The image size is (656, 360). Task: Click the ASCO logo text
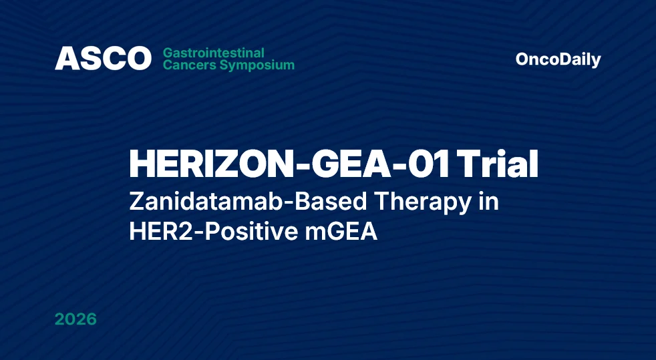(103, 59)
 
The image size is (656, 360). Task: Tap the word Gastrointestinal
(214, 53)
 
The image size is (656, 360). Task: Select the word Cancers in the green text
(187, 65)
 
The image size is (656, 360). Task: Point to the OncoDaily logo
(558, 59)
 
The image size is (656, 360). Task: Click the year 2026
(75, 319)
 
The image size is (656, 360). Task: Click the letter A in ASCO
(65, 59)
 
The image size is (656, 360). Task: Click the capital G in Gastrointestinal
(168, 53)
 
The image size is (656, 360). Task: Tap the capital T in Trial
(472, 164)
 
